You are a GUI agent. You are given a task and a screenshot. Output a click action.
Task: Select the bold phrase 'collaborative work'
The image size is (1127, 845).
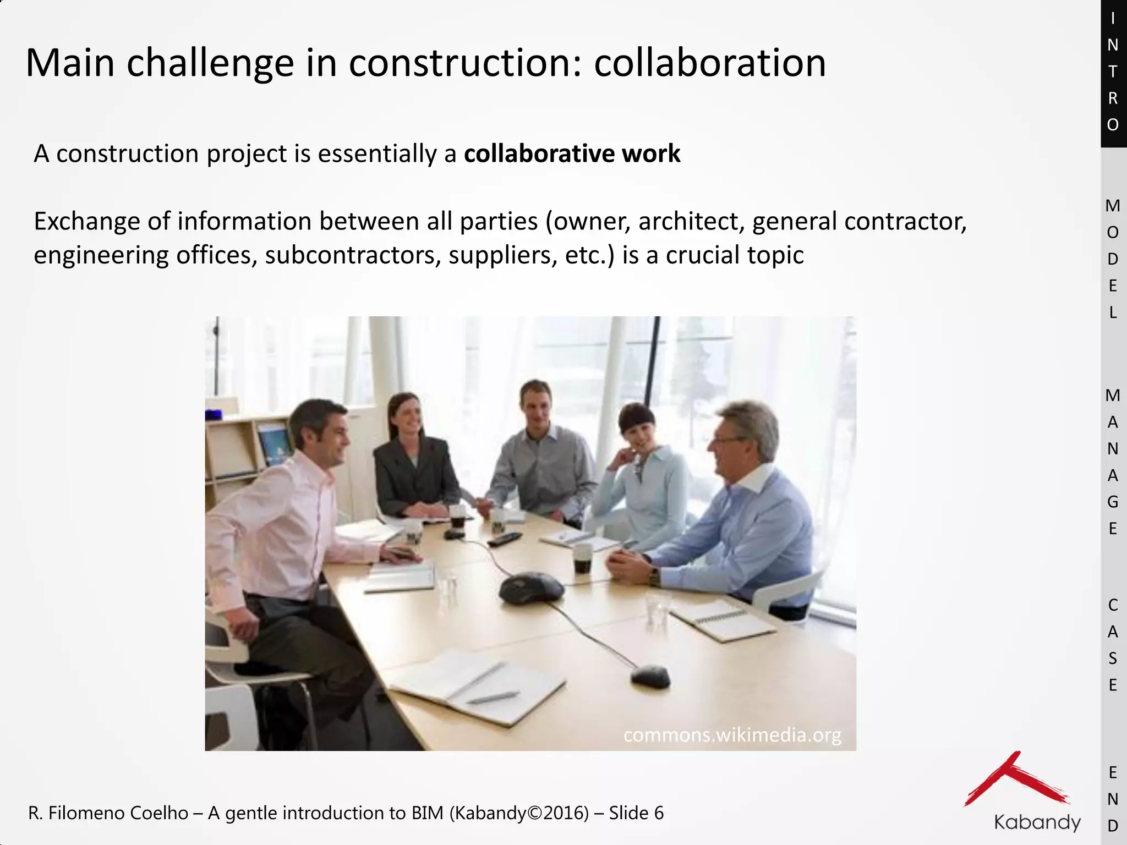(x=572, y=153)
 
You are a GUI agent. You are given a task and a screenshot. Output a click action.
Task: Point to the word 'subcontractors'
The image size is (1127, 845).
(x=352, y=255)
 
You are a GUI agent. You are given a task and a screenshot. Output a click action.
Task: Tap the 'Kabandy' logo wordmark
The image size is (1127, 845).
(x=1037, y=822)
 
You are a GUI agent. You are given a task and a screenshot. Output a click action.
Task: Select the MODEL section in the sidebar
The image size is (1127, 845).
(x=1113, y=259)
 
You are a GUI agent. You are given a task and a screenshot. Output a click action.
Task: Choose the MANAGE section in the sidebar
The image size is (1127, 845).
(x=1113, y=462)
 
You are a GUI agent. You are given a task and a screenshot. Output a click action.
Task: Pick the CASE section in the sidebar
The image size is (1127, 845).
(x=1113, y=645)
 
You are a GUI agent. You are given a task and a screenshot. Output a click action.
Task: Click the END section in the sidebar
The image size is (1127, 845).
(x=1113, y=799)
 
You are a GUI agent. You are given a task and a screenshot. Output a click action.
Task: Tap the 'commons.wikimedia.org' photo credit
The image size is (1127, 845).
(x=732, y=735)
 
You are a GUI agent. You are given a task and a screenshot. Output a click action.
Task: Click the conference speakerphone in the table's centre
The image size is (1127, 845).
(x=530, y=587)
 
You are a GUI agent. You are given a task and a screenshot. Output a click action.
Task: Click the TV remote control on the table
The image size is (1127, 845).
(x=504, y=539)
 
